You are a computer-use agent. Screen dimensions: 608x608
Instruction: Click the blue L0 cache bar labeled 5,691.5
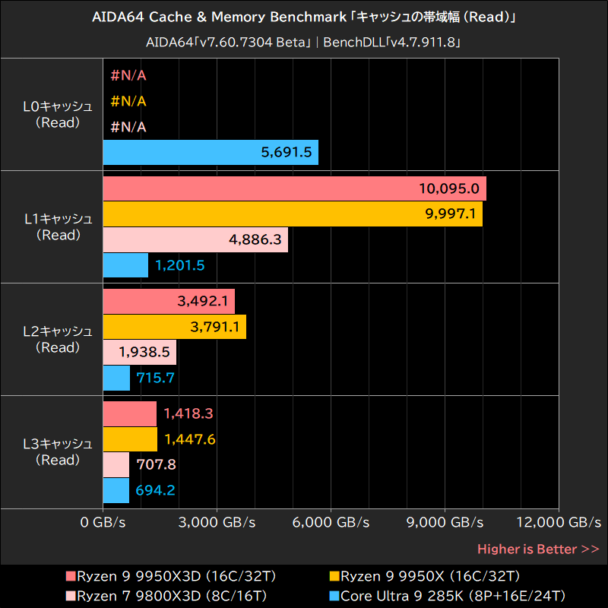click(211, 152)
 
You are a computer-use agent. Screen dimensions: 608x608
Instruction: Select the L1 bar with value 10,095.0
click(294, 188)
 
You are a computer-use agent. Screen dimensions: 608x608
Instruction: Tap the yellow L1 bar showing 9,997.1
click(293, 214)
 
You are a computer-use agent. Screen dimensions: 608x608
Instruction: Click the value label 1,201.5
click(180, 265)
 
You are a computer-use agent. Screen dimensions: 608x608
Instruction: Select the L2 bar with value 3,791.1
click(174, 327)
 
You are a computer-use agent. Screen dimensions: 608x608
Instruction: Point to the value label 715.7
click(155, 377)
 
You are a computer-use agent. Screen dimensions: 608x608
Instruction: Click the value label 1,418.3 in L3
click(188, 413)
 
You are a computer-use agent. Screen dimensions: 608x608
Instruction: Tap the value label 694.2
click(155, 490)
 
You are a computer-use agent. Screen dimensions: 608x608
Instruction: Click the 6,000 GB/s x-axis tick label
click(331, 523)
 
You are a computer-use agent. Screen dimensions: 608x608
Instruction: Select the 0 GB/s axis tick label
click(103, 523)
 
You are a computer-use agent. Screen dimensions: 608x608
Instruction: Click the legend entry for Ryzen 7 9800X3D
click(166, 594)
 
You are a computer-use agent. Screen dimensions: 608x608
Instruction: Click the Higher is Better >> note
click(538, 549)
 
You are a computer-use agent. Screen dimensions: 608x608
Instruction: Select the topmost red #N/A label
click(128, 75)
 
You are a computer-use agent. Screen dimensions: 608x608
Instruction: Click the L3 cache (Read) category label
click(58, 451)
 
